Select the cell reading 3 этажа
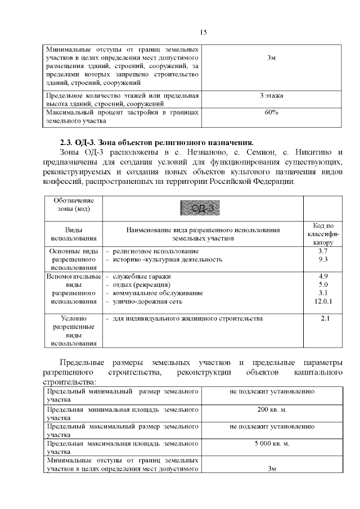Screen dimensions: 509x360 click(271, 96)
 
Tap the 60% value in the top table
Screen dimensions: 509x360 click(271, 112)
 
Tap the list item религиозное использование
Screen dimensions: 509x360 click(155, 250)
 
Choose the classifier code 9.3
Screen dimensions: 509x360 click(322, 259)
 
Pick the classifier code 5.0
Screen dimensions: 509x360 click(322, 285)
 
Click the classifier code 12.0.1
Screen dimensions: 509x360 click(323, 301)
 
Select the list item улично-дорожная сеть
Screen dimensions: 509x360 click(146, 301)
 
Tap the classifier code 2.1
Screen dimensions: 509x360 click(325, 319)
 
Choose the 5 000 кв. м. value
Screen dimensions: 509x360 click(272, 444)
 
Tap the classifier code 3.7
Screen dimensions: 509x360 click(322, 250)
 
